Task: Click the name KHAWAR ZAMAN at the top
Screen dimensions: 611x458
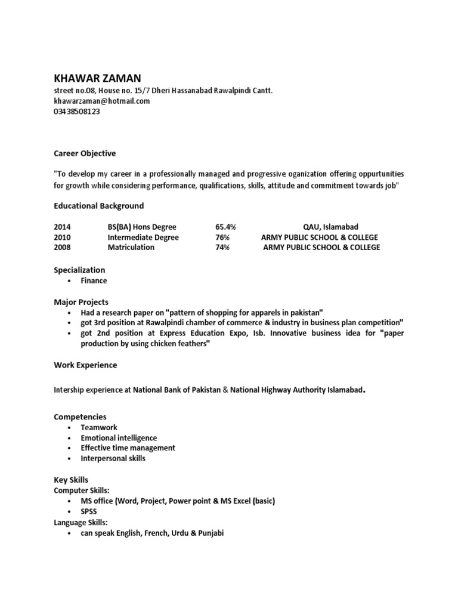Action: tap(98, 78)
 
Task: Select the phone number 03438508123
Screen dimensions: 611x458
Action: tap(77, 111)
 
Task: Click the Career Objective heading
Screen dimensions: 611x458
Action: tap(85, 153)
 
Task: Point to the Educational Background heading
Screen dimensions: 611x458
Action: tap(98, 206)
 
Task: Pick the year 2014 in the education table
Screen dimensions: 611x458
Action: tap(62, 227)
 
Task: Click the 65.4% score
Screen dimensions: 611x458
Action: tap(225, 227)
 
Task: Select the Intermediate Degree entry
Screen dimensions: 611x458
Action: tap(143, 237)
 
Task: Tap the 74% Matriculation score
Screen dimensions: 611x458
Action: tap(222, 247)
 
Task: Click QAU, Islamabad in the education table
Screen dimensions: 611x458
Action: tap(331, 227)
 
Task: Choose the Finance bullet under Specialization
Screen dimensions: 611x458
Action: tap(94, 280)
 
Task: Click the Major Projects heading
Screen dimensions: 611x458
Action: tap(81, 302)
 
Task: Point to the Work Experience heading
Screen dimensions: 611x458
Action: tap(85, 365)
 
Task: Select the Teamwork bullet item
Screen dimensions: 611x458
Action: tap(99, 427)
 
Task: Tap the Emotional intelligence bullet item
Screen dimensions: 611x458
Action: tap(119, 437)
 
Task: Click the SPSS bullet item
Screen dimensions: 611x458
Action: tap(89, 511)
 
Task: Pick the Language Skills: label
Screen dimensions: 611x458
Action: tap(81, 522)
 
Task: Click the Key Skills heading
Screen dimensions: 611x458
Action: tap(71, 479)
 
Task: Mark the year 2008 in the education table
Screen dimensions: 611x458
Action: tap(62, 247)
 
